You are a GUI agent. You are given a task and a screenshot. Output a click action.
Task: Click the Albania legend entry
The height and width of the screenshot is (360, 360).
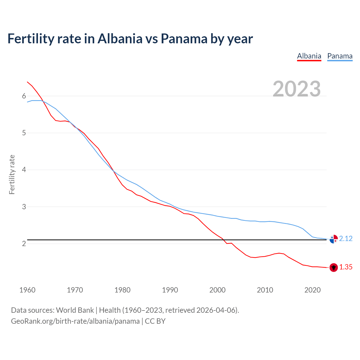coord(309,56)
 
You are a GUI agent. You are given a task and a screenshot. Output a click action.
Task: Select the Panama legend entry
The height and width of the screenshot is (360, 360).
coord(340,56)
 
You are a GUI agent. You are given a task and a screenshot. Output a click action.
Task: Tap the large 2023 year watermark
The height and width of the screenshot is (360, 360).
coord(296,89)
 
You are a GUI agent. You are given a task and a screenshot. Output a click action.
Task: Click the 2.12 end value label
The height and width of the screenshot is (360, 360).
coord(346,238)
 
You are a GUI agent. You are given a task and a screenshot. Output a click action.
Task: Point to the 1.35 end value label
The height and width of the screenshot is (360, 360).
coord(346,267)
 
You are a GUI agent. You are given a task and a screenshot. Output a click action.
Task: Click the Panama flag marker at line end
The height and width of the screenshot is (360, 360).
coord(334,239)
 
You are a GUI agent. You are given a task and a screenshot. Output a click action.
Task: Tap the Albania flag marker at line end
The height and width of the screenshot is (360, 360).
coord(334,267)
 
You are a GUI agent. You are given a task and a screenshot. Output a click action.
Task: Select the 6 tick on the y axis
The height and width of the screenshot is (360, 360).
coord(24,96)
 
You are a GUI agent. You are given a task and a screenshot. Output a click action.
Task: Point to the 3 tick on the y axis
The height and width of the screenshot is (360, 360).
coord(24,207)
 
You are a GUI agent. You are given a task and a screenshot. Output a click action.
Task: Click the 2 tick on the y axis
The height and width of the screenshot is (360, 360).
coord(24,244)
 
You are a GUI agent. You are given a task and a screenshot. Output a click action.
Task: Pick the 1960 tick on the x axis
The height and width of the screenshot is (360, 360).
coord(27,290)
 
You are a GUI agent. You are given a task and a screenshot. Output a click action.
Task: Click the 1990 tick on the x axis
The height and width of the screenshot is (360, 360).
coord(170,290)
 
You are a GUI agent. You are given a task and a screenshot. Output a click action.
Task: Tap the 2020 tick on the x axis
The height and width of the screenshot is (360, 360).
coord(312,290)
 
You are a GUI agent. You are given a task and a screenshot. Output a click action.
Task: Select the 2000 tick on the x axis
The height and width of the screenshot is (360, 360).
coord(217,290)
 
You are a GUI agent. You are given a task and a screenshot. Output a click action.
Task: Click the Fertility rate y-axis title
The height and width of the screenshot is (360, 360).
coord(12,174)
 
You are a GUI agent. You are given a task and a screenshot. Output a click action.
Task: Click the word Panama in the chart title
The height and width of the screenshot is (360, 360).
coord(184,39)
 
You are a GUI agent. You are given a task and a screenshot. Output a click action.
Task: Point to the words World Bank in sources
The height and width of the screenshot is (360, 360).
coord(75,310)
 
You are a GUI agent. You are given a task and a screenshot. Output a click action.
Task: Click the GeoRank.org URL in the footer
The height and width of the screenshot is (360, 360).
coord(75,321)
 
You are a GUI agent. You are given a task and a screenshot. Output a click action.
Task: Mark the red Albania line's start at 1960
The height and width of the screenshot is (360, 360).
coord(27,82)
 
